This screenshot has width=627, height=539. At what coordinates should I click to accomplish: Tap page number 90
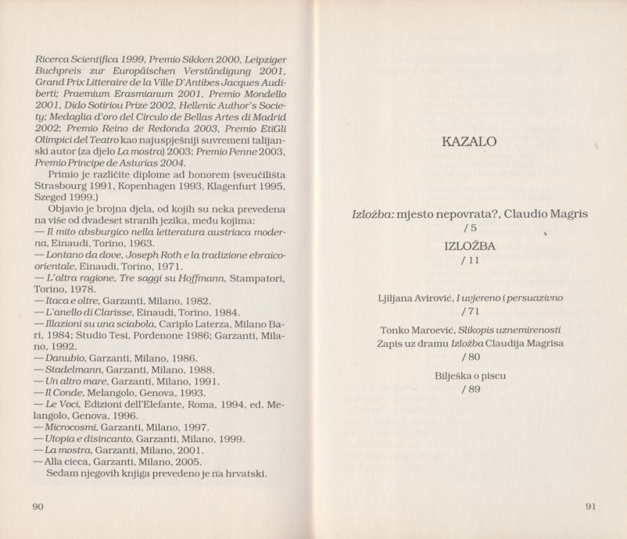click(x=38, y=507)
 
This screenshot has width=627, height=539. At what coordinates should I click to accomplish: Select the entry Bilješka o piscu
click(x=470, y=376)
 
